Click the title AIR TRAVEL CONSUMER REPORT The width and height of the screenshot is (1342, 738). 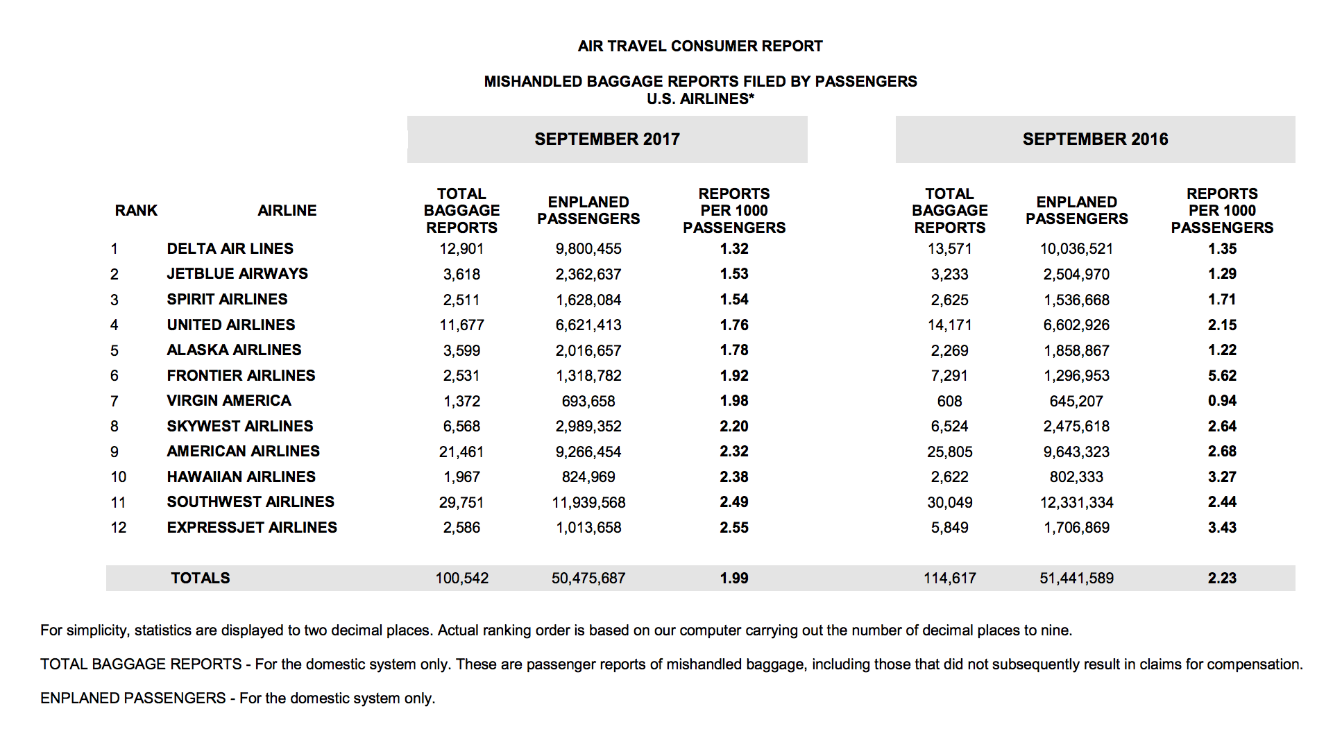(x=699, y=46)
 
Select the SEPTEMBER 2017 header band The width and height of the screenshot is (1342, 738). (x=606, y=139)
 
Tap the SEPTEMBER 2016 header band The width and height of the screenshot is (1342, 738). (x=1095, y=139)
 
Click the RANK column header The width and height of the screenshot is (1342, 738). (x=136, y=211)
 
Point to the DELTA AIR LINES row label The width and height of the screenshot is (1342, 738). (x=230, y=249)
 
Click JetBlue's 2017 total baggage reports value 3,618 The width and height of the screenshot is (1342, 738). (x=461, y=275)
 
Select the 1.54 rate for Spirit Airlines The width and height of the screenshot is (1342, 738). (x=733, y=300)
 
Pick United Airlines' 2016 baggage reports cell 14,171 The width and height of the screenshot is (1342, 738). (x=949, y=325)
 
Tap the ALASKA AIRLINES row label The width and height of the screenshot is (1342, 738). (x=234, y=350)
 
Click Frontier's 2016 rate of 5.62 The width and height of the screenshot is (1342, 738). (x=1221, y=376)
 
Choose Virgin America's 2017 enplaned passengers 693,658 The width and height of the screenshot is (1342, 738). (x=588, y=402)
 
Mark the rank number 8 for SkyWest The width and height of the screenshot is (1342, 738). (x=114, y=427)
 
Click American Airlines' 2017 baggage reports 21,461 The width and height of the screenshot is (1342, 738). (x=461, y=452)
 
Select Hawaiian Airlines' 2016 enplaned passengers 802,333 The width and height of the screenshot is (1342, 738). (x=1076, y=477)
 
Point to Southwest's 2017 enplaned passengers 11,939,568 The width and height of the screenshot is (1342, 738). (x=588, y=503)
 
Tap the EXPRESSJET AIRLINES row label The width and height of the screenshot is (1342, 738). (x=251, y=528)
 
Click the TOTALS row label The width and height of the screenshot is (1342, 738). (x=200, y=578)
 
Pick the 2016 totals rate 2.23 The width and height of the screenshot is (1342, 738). (x=1221, y=578)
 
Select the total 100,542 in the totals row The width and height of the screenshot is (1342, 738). (x=461, y=578)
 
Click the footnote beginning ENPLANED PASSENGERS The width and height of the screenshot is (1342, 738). (x=237, y=698)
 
